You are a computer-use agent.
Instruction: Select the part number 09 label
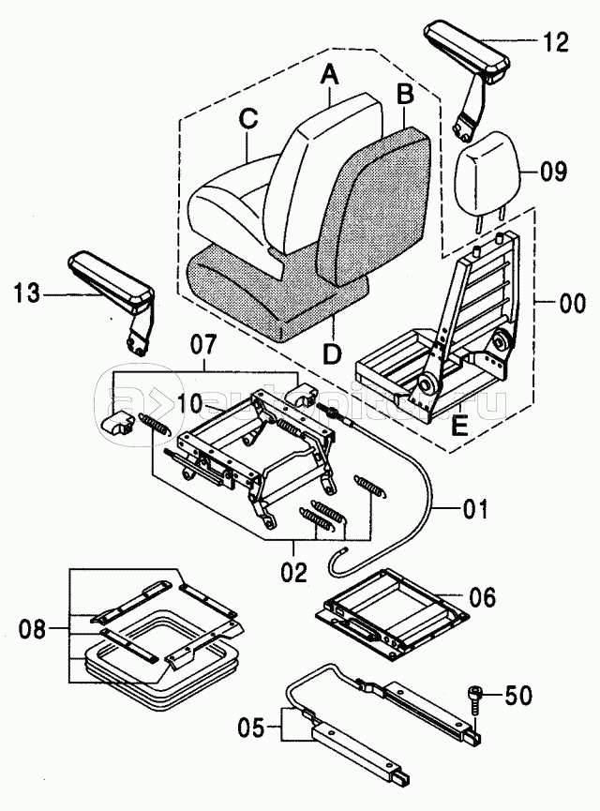coord(554,171)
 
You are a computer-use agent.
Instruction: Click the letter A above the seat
coord(330,71)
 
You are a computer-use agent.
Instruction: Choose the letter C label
coord(247,119)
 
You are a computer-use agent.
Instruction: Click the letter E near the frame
coord(459,427)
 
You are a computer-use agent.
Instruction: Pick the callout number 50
coord(518,695)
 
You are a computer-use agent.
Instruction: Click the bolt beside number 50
coord(473,701)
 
